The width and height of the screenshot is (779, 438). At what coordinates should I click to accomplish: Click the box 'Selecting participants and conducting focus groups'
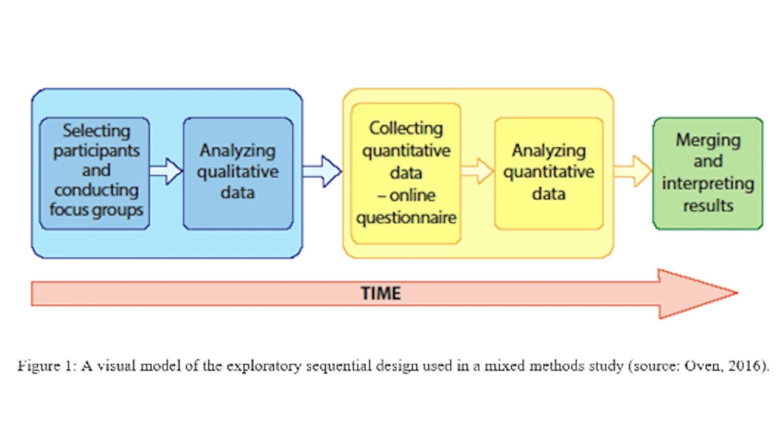click(x=94, y=173)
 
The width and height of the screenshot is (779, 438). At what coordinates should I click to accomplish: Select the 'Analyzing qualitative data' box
click(x=238, y=173)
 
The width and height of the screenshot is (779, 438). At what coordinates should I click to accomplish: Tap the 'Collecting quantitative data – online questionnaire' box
click(x=405, y=173)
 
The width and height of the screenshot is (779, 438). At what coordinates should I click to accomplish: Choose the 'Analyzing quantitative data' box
click(x=548, y=173)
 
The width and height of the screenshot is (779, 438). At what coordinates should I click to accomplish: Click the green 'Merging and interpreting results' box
click(x=707, y=173)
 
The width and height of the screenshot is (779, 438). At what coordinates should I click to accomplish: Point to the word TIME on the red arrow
click(x=381, y=294)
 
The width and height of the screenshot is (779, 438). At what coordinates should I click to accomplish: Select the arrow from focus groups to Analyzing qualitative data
click(x=166, y=171)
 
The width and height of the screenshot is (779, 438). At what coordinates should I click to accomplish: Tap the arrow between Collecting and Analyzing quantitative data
click(x=477, y=171)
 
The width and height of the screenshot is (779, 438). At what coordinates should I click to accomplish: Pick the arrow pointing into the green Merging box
click(x=633, y=171)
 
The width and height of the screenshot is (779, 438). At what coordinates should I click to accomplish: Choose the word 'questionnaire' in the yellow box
click(x=406, y=217)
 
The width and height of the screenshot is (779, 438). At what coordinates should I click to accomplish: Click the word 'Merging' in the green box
click(x=708, y=140)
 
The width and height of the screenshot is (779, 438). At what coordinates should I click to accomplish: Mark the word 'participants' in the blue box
click(x=96, y=150)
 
